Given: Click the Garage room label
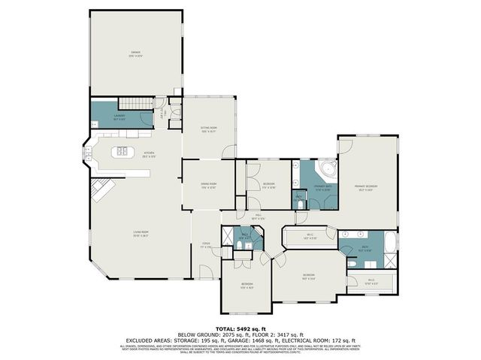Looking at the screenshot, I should coord(136,53).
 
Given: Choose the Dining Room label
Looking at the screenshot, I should coord(208,185).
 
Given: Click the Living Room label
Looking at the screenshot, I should coord(141,234).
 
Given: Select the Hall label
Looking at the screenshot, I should coord(257,216).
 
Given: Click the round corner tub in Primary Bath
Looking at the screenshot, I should coord(326,168).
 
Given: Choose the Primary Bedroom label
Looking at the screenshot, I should coord(367,188).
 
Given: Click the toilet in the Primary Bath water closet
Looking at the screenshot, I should coord(299,201).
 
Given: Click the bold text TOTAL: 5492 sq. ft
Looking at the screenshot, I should coord(240,328).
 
